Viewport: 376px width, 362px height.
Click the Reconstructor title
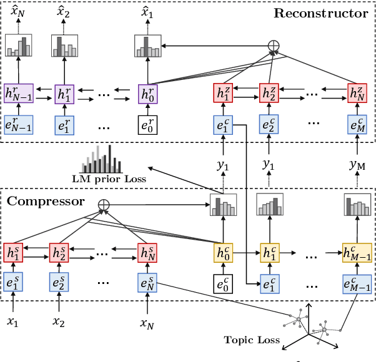point(320,13)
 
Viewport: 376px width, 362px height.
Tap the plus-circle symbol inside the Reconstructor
point(273,46)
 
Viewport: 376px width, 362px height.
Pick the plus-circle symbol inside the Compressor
point(104,204)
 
